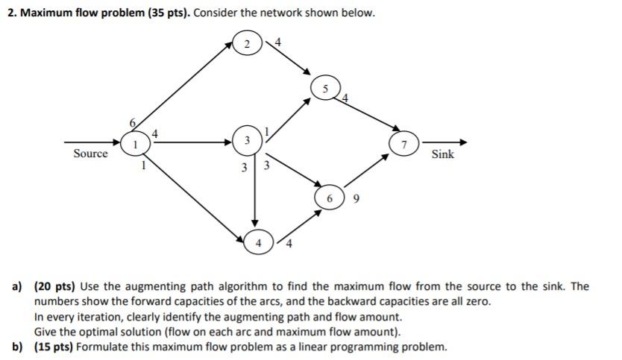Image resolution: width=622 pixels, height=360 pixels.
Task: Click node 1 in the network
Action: [134, 142]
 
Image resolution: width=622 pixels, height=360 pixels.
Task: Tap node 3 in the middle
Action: [247, 142]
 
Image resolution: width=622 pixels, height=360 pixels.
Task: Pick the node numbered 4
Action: [258, 242]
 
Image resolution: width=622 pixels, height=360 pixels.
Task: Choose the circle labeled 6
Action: [330, 198]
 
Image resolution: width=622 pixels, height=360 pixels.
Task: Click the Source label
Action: [90, 154]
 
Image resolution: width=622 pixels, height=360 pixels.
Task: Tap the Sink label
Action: [442, 154]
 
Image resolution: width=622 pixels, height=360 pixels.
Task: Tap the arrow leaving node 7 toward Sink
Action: [444, 142]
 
